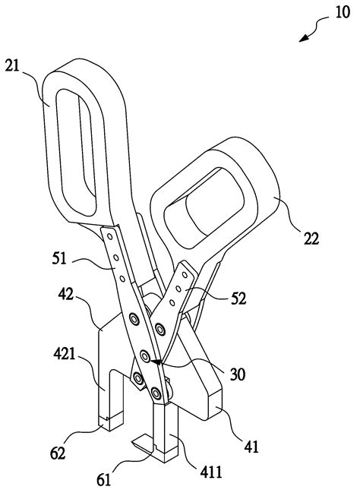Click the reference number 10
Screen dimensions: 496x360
click(x=335, y=15)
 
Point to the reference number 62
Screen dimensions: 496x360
click(x=58, y=453)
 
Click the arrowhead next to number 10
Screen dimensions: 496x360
click(x=303, y=38)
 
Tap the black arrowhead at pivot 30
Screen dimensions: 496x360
click(x=156, y=363)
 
